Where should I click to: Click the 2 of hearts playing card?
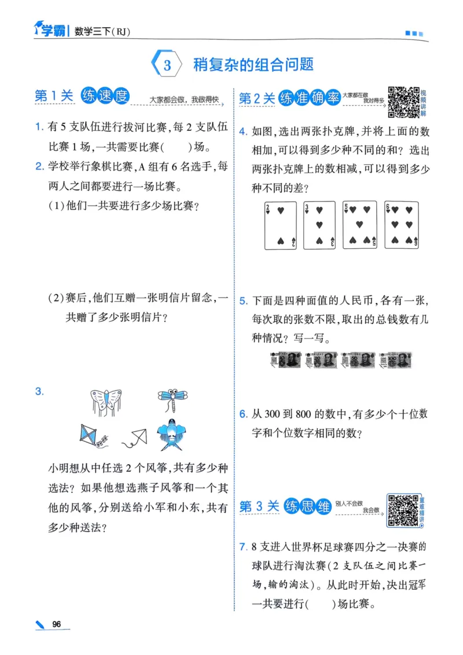tap(281, 226)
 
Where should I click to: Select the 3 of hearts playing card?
tap(319, 226)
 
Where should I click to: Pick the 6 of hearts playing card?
tap(401, 226)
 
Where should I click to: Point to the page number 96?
tap(56, 624)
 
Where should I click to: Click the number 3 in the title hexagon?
tap(167, 65)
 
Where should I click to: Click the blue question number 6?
tap(243, 414)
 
